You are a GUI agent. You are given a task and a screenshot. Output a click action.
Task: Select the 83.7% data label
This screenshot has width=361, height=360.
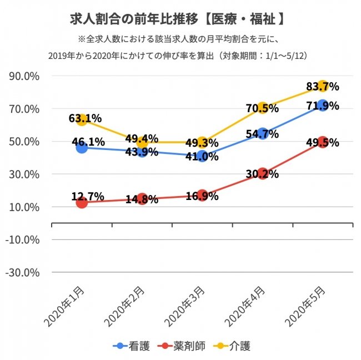click(322, 87)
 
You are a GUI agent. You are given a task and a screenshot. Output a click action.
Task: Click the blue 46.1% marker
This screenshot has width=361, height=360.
click(82, 147)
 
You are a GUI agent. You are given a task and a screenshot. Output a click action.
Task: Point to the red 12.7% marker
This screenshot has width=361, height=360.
click(82, 203)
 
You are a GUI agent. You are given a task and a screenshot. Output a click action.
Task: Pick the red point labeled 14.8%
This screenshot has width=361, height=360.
click(142, 199)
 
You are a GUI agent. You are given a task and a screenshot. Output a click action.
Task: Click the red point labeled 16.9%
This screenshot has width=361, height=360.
click(202, 196)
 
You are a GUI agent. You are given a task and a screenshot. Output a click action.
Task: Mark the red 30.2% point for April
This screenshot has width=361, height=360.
click(262, 174)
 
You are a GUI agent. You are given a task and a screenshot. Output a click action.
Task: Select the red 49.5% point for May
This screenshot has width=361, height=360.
click(322, 142)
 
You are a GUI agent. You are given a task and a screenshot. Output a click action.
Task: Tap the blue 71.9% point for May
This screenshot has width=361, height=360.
click(322, 105)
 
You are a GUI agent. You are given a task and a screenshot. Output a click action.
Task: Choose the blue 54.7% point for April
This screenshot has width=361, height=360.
click(262, 133)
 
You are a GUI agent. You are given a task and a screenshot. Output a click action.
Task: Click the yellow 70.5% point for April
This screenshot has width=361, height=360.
click(262, 108)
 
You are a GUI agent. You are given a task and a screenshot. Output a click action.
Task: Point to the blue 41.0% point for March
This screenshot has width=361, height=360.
click(202, 156)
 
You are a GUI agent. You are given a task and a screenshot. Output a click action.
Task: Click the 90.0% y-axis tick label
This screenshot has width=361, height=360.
click(23, 76)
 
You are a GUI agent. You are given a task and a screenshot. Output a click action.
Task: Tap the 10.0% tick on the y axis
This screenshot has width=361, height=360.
click(23, 207)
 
